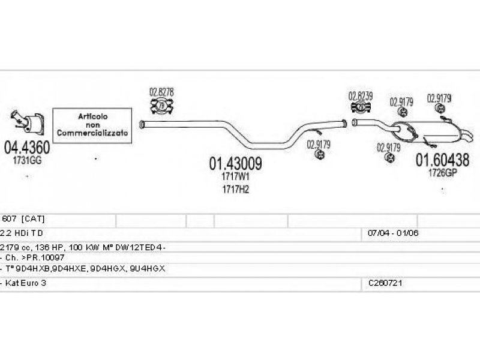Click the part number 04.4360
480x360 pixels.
pos(28,146)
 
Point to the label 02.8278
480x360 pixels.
pos(161,92)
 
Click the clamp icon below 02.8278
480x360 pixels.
pos(161,107)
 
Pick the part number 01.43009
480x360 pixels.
pos(235,163)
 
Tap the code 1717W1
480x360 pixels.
pos(235,177)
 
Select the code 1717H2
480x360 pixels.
pos(235,189)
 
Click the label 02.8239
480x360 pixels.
pos(361,95)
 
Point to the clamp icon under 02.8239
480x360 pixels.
pos(361,108)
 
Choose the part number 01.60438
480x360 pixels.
pos(443,160)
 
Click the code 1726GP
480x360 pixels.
pos(443,173)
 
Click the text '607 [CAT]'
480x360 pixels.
pos(24,219)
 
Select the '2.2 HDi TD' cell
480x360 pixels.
pos(23,233)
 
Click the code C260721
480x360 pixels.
pos(384,282)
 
